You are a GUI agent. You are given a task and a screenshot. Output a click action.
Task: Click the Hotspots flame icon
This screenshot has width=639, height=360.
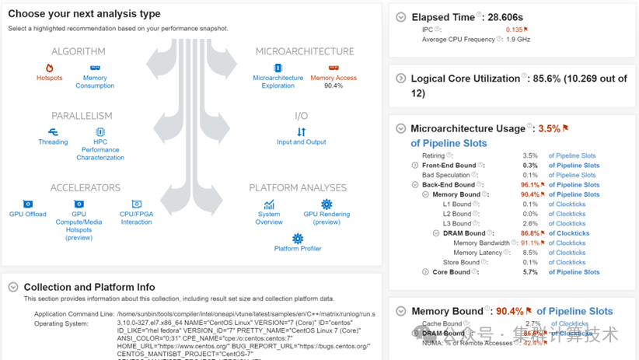coord(50,68)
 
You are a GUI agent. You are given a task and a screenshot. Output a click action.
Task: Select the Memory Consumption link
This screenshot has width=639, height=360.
coord(95,82)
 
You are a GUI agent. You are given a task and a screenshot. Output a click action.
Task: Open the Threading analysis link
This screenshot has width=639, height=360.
coord(53,142)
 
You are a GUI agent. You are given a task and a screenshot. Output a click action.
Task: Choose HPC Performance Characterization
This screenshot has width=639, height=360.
coord(100,149)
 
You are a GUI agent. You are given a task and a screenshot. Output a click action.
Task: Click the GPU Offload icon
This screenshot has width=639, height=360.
coord(28,204)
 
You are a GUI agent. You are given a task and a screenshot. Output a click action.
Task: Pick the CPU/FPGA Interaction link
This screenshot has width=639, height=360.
coord(136,218)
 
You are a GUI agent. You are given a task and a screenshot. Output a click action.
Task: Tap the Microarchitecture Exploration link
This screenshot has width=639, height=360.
coord(278,82)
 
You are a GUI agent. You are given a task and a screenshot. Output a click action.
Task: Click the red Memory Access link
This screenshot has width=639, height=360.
coord(333,78)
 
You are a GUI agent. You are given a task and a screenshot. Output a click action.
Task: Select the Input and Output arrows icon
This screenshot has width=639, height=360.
coord(302,132)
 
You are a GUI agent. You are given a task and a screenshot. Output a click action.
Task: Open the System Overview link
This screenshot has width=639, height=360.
coord(269,218)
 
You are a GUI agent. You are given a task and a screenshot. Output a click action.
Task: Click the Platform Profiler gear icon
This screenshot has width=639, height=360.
coord(298,239)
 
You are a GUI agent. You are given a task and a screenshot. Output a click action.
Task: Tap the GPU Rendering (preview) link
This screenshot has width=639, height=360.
coord(326,218)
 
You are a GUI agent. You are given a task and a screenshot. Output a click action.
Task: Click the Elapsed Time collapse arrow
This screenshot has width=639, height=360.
coord(401,17)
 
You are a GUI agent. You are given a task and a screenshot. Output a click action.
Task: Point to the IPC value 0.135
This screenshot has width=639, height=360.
coord(514,30)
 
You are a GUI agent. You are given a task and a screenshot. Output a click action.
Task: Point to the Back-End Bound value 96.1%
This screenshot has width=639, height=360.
coord(530,185)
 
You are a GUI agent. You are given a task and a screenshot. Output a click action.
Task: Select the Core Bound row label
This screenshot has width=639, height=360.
coord(451,272)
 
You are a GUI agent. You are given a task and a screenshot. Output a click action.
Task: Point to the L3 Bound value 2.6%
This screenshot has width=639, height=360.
coord(530,224)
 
